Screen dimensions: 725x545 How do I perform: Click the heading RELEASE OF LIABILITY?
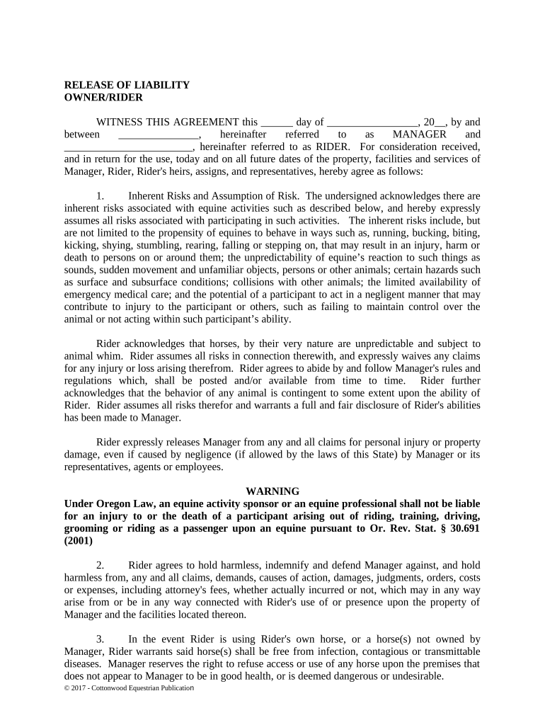[x=127, y=85]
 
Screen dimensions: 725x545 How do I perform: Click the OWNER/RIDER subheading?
[x=103, y=97]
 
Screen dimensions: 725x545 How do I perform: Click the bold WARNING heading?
[x=272, y=491]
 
